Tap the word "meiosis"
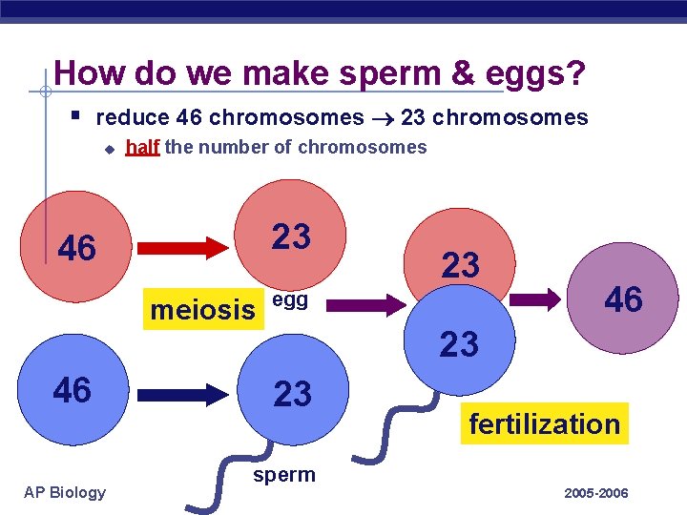pos(203,310)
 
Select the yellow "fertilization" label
pos(544,423)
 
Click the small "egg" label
pos(289,299)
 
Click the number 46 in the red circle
pos(77,248)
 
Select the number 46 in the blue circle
pos(73,390)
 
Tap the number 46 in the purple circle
pos(624,300)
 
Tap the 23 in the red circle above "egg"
pos(292,237)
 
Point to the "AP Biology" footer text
pos(66,492)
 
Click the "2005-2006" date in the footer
pos(596,493)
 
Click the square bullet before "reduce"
pos(75,115)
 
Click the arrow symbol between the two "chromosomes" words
pos(383,118)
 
